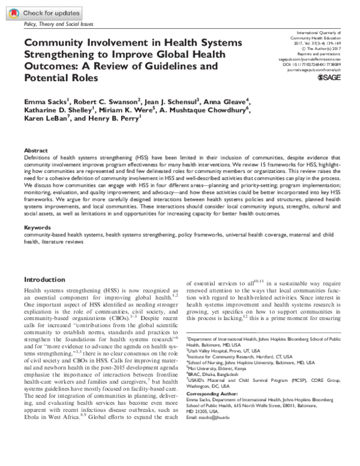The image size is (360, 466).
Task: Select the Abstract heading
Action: pyautogui.click(x=34, y=150)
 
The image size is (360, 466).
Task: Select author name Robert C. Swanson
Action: pyautogui.click(x=100, y=101)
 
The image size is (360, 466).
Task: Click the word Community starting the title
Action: pyautogui.click(x=54, y=44)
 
